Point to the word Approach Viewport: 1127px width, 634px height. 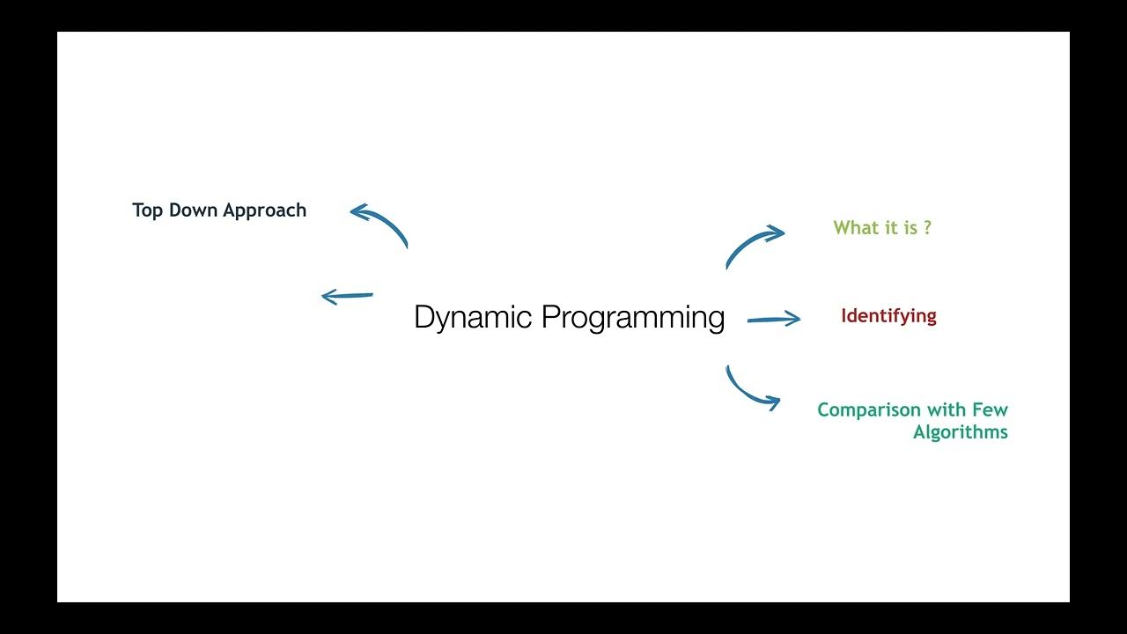coord(265,211)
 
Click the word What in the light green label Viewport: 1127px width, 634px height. coord(854,227)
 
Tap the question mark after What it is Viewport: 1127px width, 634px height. coord(926,227)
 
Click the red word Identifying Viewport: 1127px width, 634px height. coord(888,316)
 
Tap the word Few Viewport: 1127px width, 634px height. coord(991,410)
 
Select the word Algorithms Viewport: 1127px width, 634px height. coord(960,432)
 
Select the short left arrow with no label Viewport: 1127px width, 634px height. coord(347,297)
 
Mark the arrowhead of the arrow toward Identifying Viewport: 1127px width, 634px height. coord(792,319)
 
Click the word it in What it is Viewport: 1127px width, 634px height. coord(887,227)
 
